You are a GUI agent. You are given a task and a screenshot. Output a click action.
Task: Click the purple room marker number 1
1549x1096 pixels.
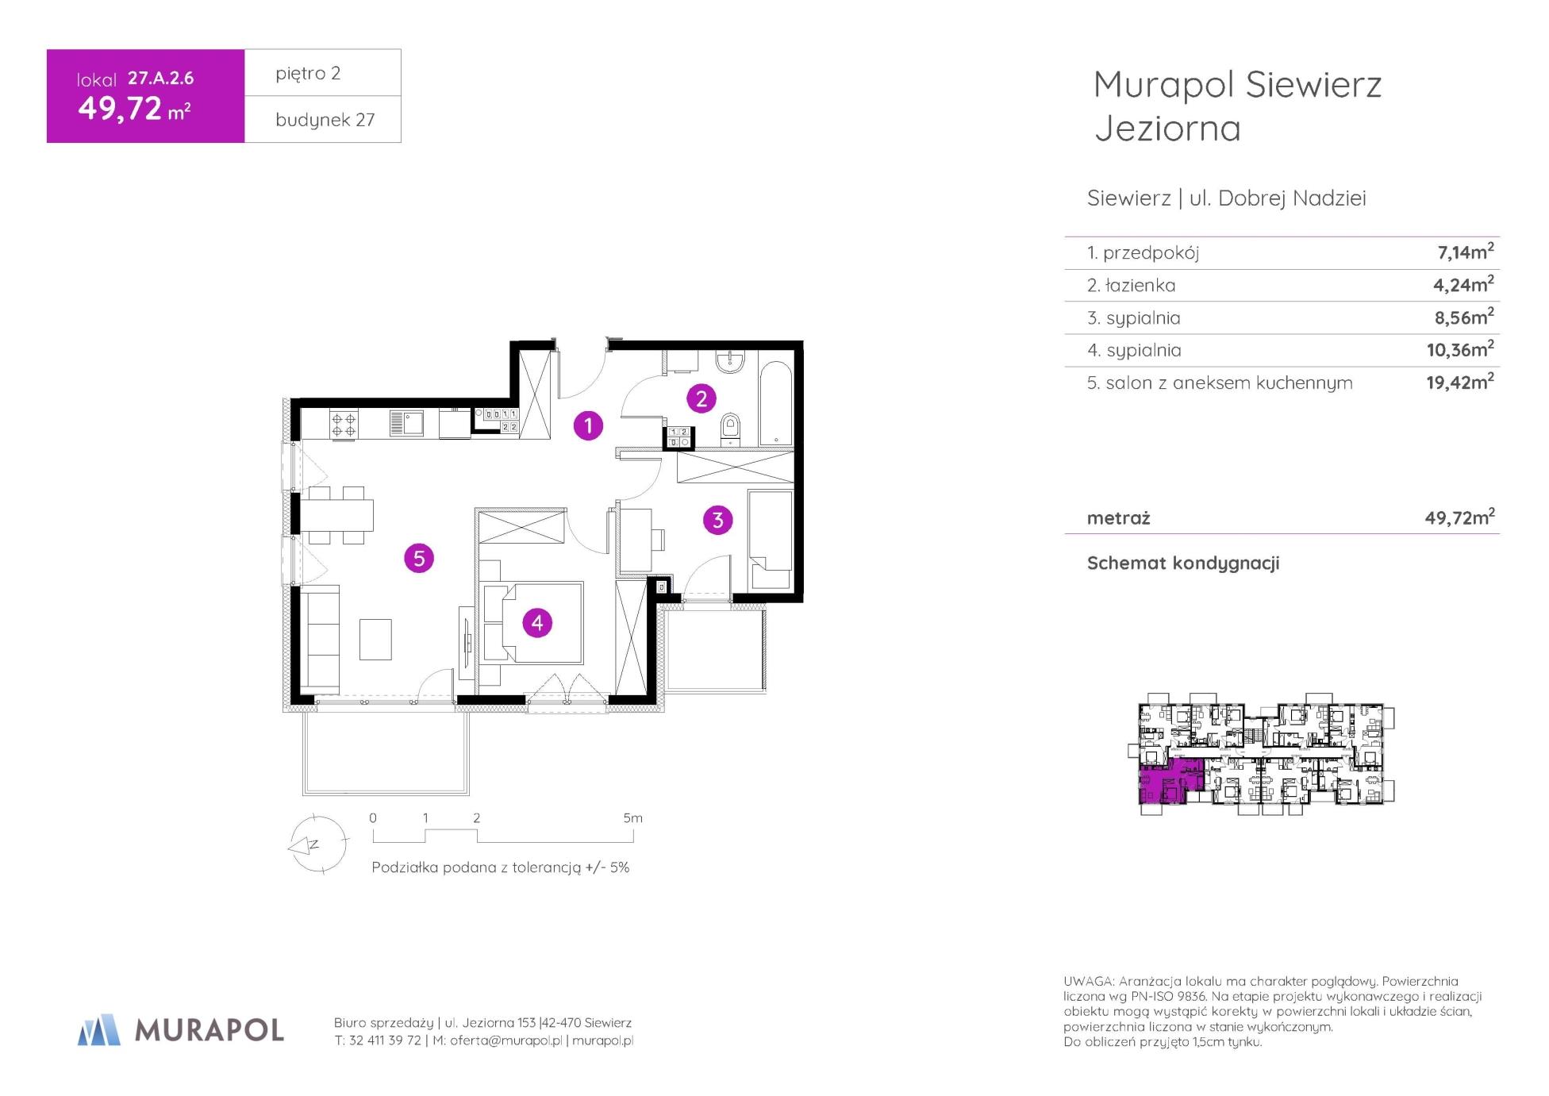point(588,426)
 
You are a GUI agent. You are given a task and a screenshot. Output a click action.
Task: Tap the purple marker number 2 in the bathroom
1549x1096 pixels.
point(701,398)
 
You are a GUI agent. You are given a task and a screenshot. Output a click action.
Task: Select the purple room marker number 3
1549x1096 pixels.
point(718,520)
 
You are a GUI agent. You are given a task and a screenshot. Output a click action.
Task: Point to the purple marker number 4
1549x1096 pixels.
point(537,623)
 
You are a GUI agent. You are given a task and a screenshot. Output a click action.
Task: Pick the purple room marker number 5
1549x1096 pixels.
point(419,558)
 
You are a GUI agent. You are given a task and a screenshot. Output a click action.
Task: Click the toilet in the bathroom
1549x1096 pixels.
point(730,429)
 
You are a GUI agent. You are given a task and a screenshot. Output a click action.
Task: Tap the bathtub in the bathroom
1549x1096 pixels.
point(775,404)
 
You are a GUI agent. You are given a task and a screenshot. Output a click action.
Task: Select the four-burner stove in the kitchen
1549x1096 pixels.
point(344,423)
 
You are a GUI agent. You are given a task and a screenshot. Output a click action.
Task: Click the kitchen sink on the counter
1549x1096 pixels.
point(406,422)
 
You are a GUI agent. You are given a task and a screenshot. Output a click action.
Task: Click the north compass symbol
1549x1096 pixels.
point(317,844)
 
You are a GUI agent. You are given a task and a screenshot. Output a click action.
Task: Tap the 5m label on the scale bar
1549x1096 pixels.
point(632,818)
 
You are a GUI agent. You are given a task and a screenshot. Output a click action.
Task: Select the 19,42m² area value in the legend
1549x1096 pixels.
point(1460,382)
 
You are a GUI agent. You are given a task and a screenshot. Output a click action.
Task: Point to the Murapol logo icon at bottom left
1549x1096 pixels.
point(99,1029)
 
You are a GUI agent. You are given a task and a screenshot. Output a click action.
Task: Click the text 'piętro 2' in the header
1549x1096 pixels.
point(308,74)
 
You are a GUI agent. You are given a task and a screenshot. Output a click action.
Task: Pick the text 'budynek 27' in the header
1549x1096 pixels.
point(325,120)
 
